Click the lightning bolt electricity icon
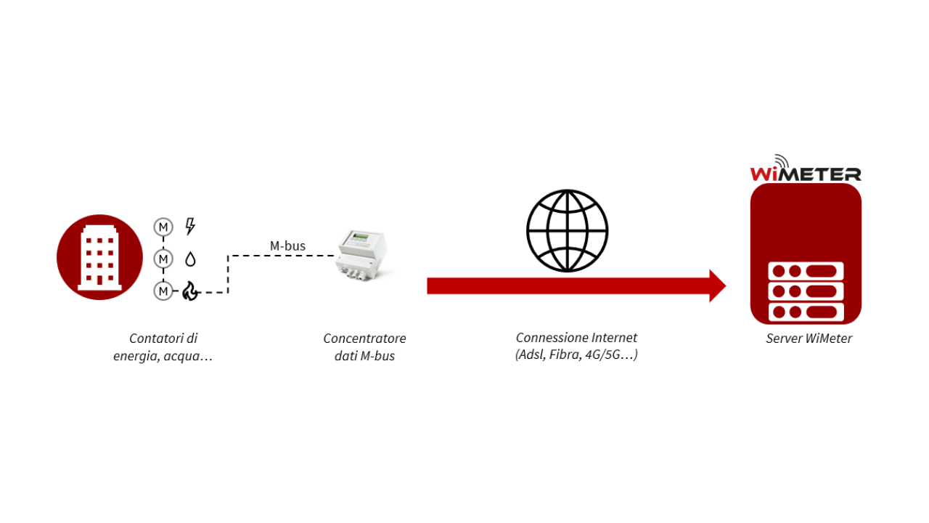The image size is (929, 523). tap(190, 227)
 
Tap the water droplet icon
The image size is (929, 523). tap(190, 259)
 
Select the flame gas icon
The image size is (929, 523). tap(190, 291)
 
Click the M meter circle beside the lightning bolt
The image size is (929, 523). tap(163, 227)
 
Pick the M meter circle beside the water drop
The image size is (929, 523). tap(163, 259)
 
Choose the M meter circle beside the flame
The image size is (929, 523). tap(163, 291)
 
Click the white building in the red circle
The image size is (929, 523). tap(99, 257)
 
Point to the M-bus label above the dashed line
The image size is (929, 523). tap(287, 246)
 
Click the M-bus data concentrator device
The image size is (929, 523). tap(361, 256)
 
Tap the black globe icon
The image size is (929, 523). tap(567, 231)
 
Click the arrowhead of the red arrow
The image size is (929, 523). tap(716, 285)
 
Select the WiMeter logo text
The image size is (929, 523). tap(806, 174)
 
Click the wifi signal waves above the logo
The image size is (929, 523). tap(782, 161)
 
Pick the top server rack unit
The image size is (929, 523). tap(806, 271)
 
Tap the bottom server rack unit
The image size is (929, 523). tap(806, 312)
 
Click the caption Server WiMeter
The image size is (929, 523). tap(809, 338)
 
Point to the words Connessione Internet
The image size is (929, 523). tap(576, 338)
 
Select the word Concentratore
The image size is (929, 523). tap(364, 338)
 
